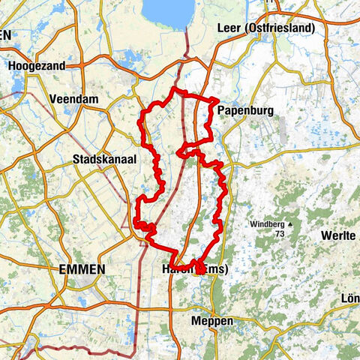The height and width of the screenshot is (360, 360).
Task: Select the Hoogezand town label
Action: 37,66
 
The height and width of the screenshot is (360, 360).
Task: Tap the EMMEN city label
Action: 83,268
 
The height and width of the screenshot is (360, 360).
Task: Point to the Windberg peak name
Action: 267,223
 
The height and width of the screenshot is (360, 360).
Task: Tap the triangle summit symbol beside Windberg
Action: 289,223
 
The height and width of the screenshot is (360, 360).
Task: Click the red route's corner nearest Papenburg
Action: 217,99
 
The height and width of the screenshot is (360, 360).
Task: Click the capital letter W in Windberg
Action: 253,223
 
